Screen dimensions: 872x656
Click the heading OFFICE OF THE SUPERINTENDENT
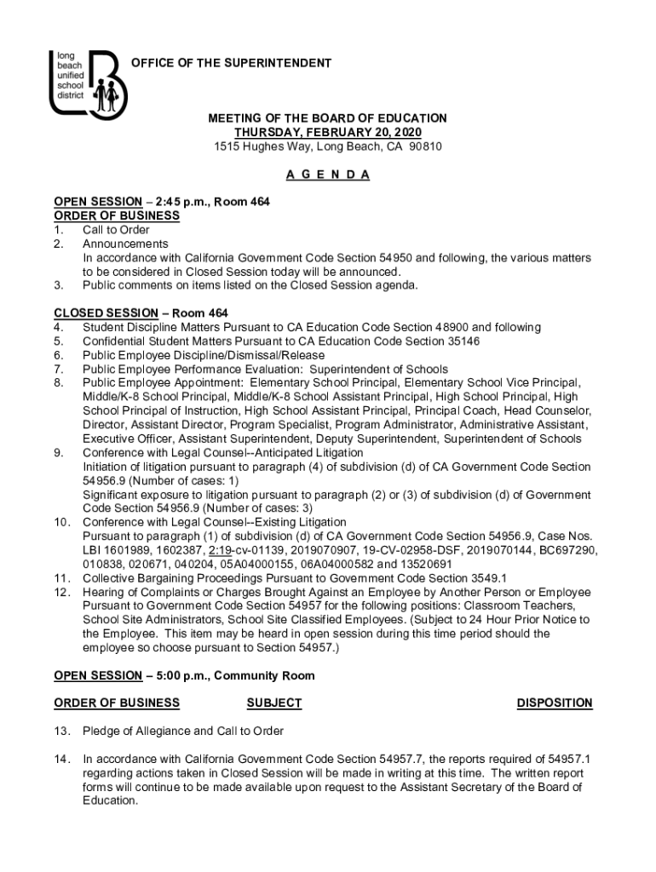coord(230,64)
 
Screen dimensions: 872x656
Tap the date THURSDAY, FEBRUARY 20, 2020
coord(328,133)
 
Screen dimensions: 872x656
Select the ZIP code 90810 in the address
coord(425,146)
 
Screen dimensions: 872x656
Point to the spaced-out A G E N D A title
coord(328,175)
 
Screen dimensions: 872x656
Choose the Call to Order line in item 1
coord(116,230)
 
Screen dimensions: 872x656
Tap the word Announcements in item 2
coord(125,244)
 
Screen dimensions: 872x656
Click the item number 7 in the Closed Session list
coord(58,369)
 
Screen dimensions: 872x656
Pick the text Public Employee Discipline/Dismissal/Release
coord(204,355)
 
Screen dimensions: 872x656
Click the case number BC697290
coord(564,550)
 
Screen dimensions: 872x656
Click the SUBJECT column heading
coord(273,703)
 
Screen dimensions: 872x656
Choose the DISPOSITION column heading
coord(555,703)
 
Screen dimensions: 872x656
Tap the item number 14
coord(60,759)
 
